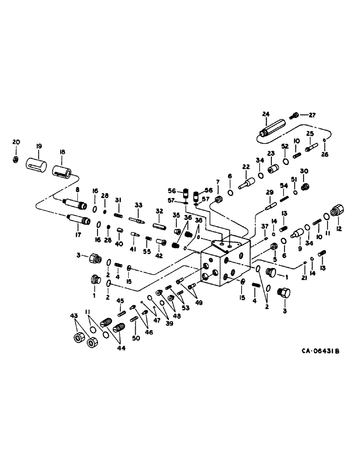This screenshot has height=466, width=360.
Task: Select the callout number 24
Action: (266, 114)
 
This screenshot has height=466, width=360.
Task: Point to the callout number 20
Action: (16, 142)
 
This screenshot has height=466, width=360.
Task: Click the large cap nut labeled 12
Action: (339, 212)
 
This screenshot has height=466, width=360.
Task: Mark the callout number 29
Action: (270, 192)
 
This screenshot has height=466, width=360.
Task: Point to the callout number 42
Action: (159, 255)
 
